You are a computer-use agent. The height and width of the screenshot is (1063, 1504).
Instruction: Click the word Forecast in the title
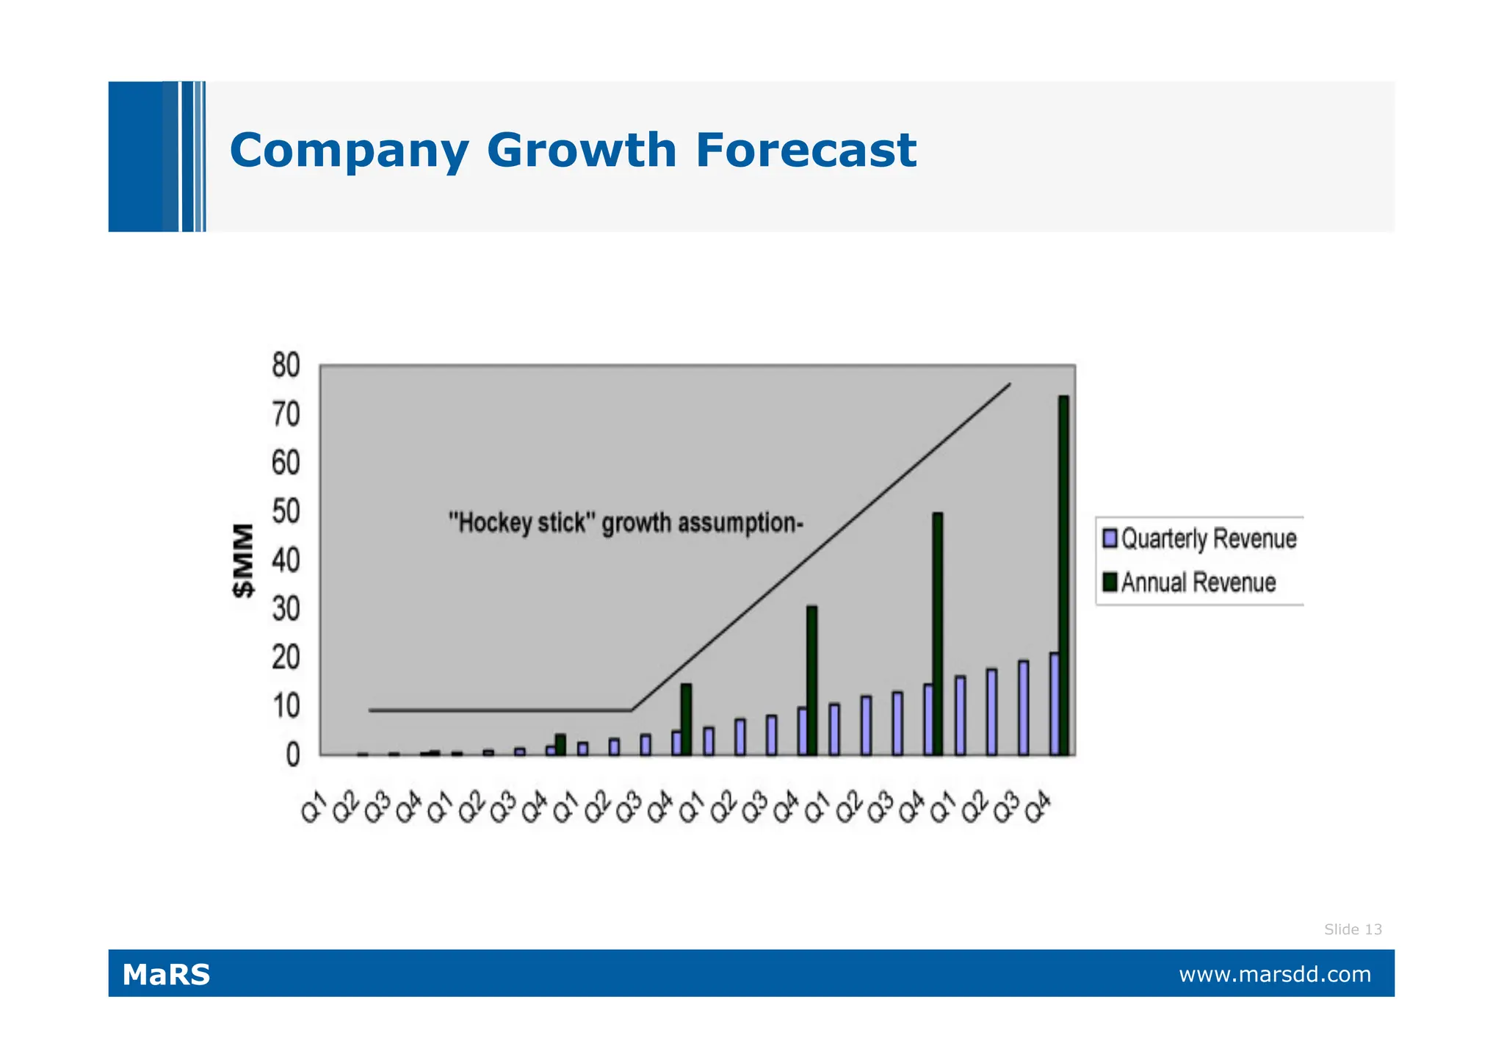(805, 150)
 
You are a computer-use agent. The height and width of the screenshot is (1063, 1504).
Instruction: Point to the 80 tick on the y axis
(286, 365)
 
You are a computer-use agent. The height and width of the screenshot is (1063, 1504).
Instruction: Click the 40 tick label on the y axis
(286, 561)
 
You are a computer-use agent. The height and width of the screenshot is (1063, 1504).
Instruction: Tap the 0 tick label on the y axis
(292, 755)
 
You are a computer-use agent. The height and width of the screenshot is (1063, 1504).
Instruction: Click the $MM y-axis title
(244, 561)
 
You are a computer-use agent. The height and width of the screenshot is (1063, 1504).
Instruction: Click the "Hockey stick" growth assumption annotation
(626, 523)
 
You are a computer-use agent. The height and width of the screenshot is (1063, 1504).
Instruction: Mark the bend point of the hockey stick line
(632, 710)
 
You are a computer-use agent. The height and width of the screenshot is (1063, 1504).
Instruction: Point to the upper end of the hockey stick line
(1010, 384)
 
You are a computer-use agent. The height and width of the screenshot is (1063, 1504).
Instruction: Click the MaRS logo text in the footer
(166, 975)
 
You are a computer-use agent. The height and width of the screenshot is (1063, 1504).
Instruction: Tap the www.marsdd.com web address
(1274, 975)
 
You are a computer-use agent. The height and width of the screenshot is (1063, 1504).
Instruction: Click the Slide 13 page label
(1353, 929)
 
